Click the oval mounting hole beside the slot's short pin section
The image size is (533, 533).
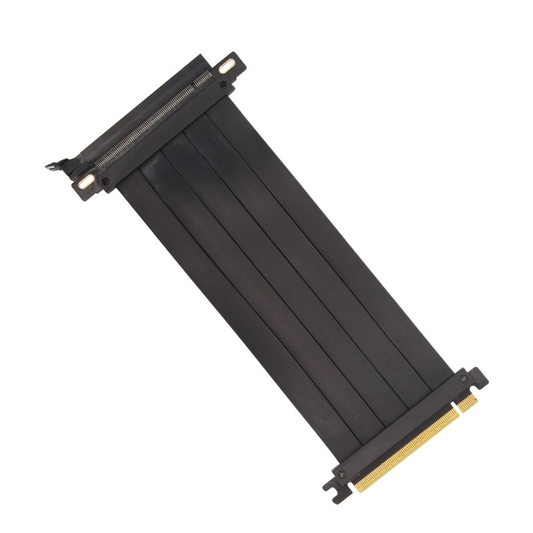(228, 66)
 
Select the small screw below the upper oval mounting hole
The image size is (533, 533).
(223, 85)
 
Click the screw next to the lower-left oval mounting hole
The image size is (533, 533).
(105, 181)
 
